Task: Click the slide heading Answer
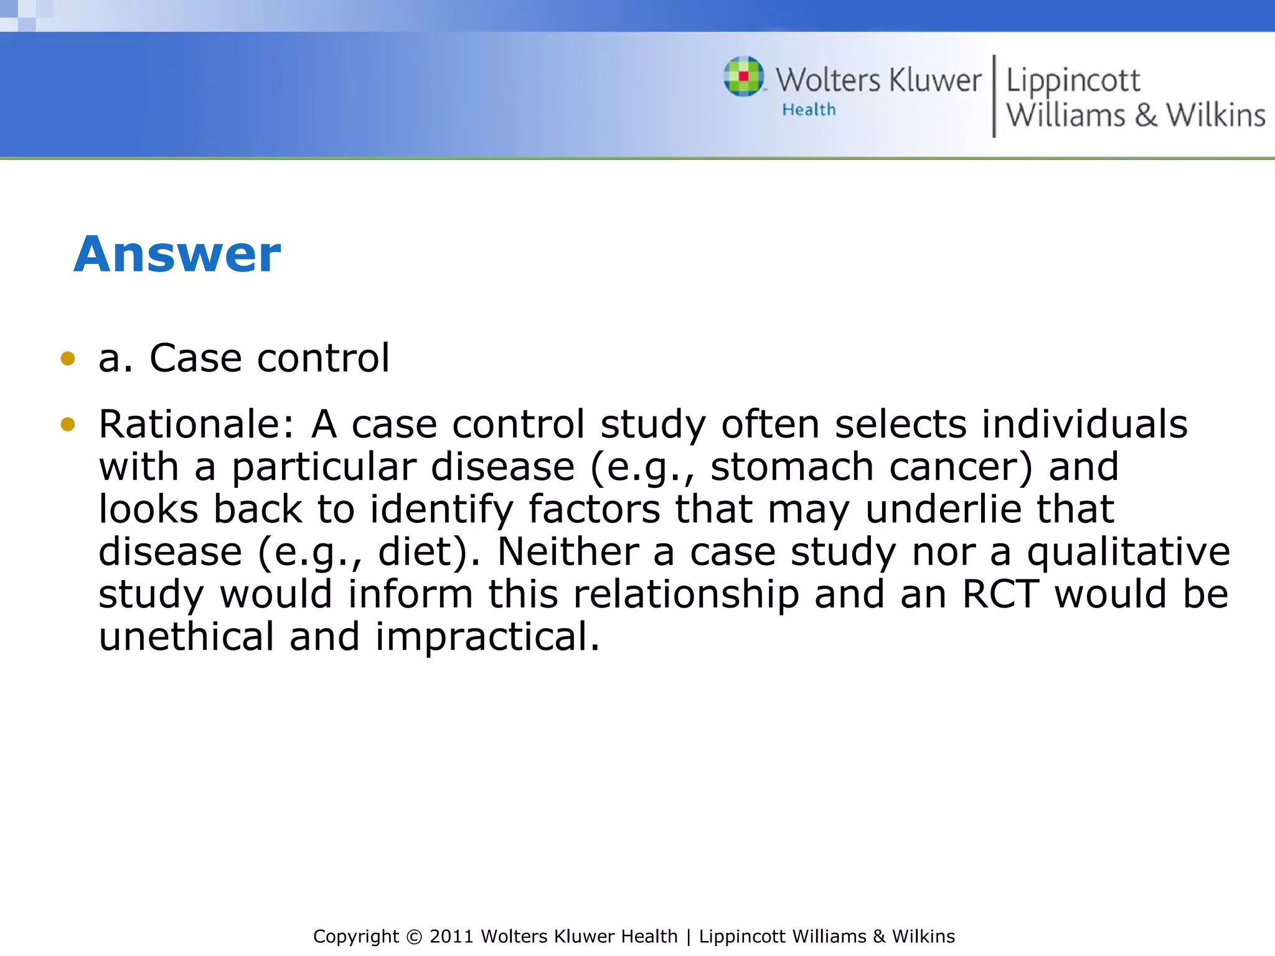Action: point(177,255)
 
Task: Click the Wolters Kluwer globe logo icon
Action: point(743,77)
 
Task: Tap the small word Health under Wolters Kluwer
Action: point(809,110)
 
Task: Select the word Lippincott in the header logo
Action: point(1073,81)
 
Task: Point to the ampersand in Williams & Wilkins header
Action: point(1146,116)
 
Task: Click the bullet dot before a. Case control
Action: point(68,358)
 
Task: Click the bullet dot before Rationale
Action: point(68,424)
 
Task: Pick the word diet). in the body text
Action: point(429,552)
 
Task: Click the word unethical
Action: point(186,637)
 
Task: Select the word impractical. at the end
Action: point(487,637)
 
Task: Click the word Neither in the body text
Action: point(567,552)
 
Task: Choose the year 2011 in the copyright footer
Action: point(452,937)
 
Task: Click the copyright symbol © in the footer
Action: point(413,937)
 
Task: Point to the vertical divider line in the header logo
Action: point(994,96)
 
